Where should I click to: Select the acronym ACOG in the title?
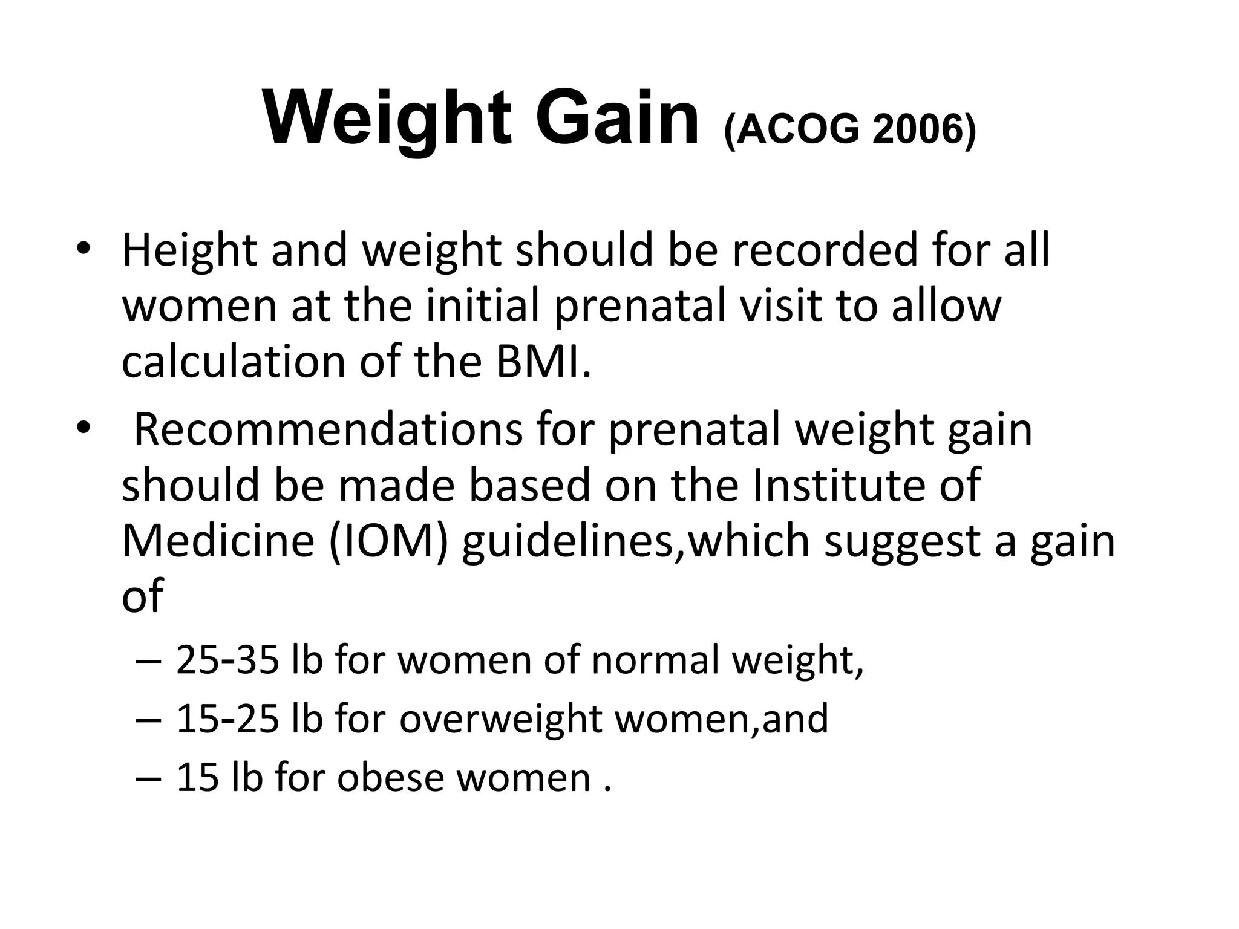point(797,130)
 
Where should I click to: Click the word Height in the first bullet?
point(189,251)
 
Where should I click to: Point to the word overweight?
point(500,719)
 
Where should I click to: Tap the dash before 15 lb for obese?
point(149,778)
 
